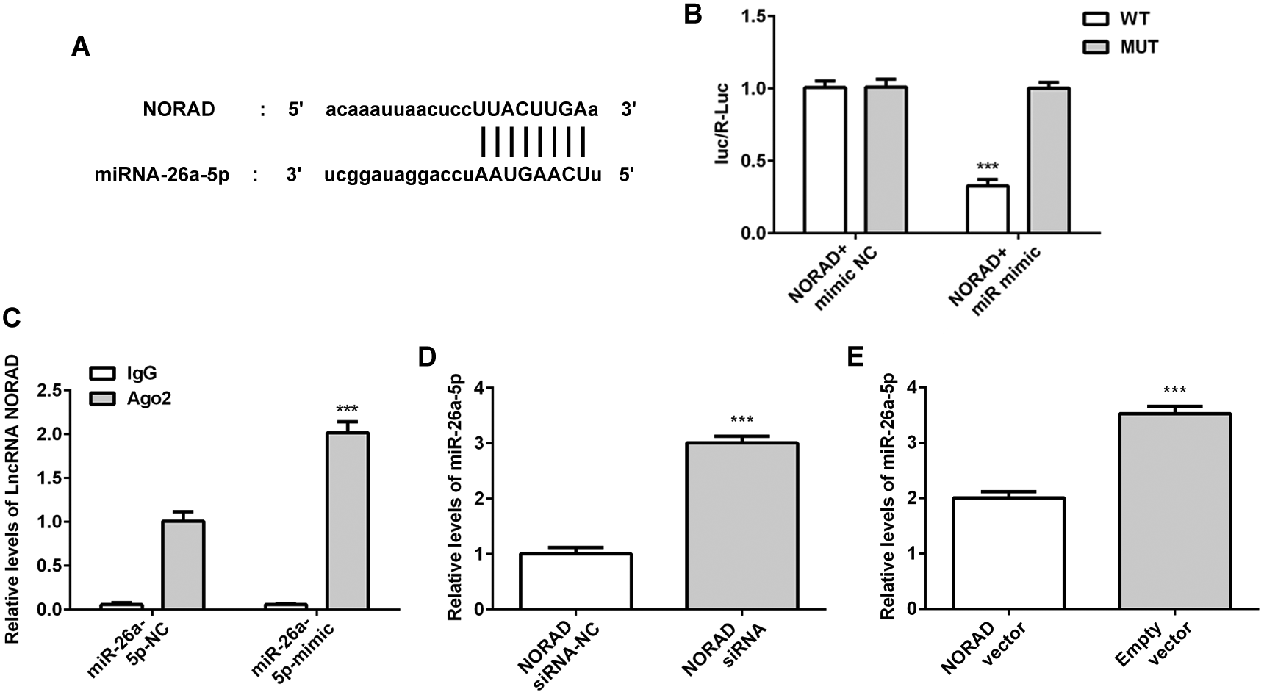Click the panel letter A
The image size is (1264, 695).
(x=81, y=48)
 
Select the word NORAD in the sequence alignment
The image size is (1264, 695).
(x=179, y=110)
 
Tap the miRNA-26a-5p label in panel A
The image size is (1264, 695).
(x=162, y=176)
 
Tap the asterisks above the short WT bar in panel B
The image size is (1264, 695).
(x=986, y=167)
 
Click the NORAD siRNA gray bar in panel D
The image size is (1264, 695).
(x=741, y=526)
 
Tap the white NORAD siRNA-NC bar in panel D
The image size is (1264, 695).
(x=575, y=581)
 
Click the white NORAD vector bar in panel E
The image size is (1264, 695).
(x=1008, y=553)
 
